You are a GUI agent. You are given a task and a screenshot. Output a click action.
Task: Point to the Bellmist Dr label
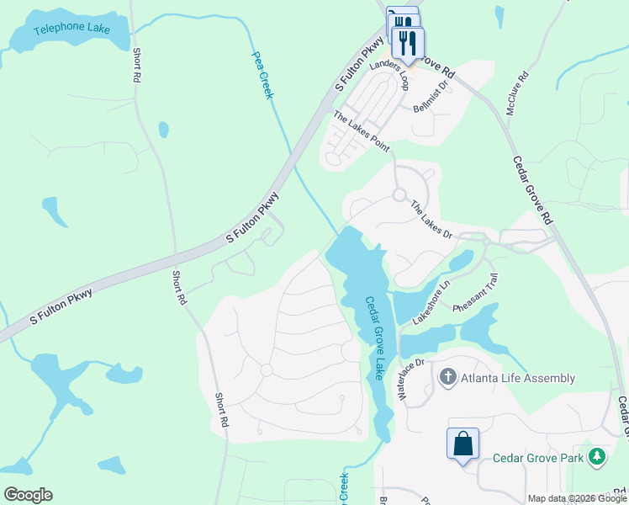[433, 104]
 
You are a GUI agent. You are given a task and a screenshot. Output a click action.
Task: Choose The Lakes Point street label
[362, 132]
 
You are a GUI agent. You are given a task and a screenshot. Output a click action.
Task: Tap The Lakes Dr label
[431, 220]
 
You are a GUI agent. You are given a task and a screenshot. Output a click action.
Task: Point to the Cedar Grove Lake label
[374, 337]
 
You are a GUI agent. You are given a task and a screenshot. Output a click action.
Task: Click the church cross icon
[447, 378]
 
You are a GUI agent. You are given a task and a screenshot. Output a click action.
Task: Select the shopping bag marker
[463, 444]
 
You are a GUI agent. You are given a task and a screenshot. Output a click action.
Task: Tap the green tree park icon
[597, 457]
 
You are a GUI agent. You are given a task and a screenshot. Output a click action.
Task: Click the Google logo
[28, 495]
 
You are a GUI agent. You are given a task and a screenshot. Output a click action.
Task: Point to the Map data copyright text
[577, 498]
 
